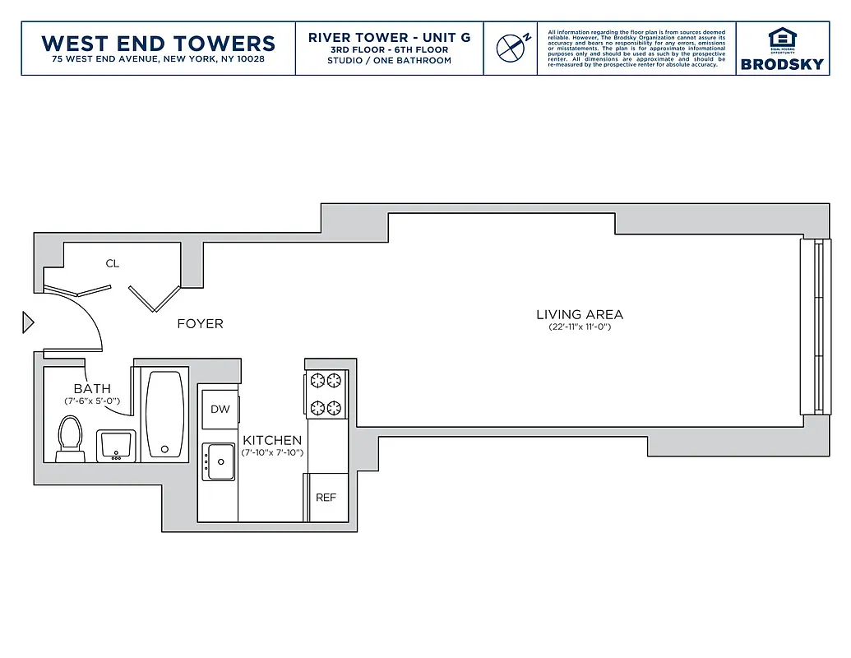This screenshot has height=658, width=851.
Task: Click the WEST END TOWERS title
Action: pyautogui.click(x=158, y=43)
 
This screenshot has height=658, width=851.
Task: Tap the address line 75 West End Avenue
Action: pyautogui.click(x=158, y=60)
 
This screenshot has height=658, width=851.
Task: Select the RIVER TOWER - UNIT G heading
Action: pyautogui.click(x=389, y=38)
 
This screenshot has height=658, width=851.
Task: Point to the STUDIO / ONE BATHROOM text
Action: pyautogui.click(x=389, y=61)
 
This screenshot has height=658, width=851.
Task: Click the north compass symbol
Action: pyautogui.click(x=511, y=48)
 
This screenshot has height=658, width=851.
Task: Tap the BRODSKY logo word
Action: pyautogui.click(x=781, y=64)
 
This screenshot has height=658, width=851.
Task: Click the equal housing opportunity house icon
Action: pyautogui.click(x=781, y=39)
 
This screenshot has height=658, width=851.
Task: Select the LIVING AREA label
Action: pyautogui.click(x=580, y=314)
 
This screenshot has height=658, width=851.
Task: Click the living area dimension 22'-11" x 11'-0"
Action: pyautogui.click(x=580, y=327)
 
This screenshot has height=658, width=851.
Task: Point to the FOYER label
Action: pyautogui.click(x=200, y=324)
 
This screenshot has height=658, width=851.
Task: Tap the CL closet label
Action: pyautogui.click(x=113, y=264)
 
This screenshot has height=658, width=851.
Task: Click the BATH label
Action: pyautogui.click(x=92, y=389)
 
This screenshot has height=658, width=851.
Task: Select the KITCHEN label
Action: pyautogui.click(x=272, y=441)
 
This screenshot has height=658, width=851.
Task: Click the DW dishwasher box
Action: pyautogui.click(x=220, y=410)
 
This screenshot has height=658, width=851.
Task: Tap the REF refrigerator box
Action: pyautogui.click(x=326, y=498)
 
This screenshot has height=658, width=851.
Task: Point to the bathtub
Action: pyautogui.click(x=165, y=414)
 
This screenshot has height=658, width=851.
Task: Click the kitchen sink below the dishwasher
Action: pyautogui.click(x=220, y=461)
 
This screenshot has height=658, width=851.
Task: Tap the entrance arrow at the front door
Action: pyautogui.click(x=28, y=322)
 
